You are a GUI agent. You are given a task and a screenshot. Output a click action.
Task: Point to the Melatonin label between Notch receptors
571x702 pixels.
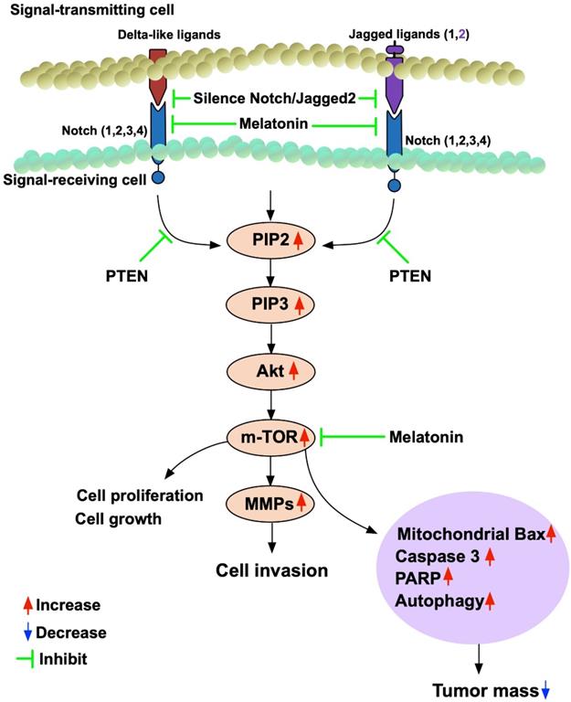[x=275, y=122]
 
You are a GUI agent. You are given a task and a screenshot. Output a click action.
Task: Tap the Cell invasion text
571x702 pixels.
[x=272, y=570]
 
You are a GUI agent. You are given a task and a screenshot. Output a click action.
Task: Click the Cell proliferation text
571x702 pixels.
[x=137, y=496]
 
